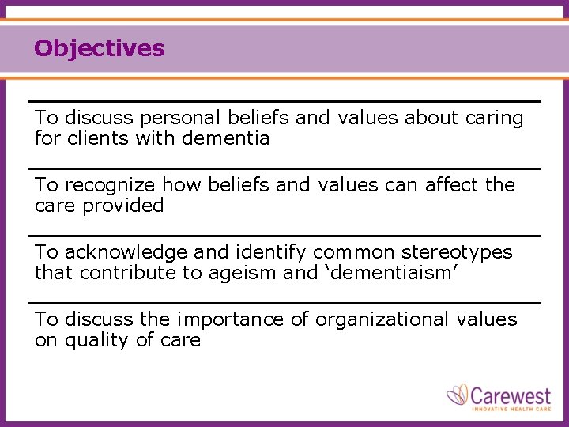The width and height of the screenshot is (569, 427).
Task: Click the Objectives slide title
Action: [x=100, y=49]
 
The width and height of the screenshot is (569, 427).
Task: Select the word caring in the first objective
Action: [x=494, y=119]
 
